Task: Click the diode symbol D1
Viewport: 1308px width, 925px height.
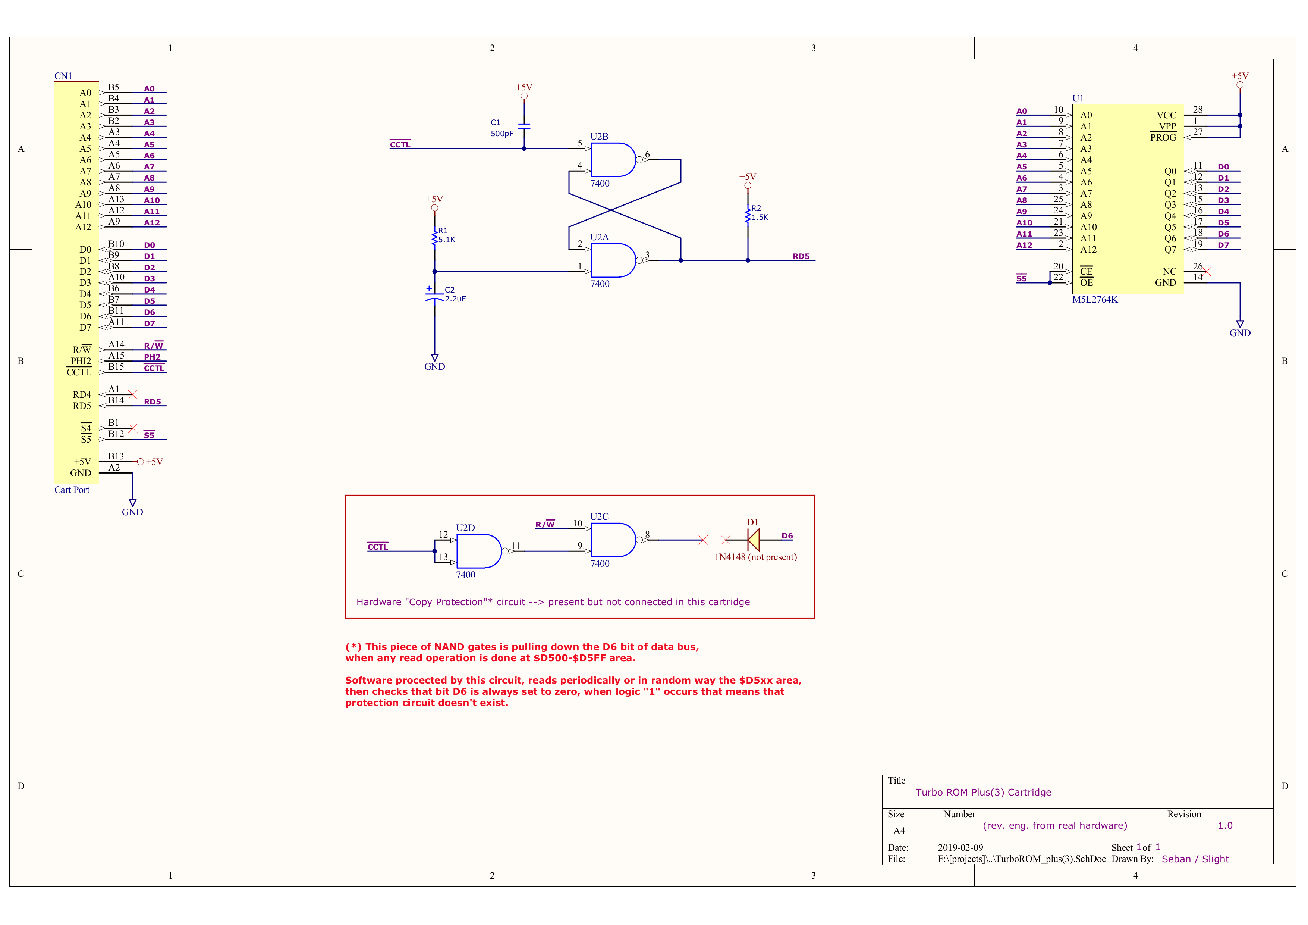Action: [754, 540]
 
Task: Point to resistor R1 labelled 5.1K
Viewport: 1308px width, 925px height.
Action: [435, 237]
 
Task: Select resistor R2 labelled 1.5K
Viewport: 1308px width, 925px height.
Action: [748, 215]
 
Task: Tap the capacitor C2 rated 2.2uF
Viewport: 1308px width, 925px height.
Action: [435, 296]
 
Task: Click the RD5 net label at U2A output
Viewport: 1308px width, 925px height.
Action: [801, 256]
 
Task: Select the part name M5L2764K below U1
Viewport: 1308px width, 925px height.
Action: [1094, 300]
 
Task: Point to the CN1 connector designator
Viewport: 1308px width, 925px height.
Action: [63, 76]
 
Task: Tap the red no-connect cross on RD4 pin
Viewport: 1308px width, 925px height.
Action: [133, 394]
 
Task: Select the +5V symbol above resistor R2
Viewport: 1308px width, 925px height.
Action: [748, 180]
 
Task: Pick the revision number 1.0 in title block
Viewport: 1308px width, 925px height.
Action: [1225, 825]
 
